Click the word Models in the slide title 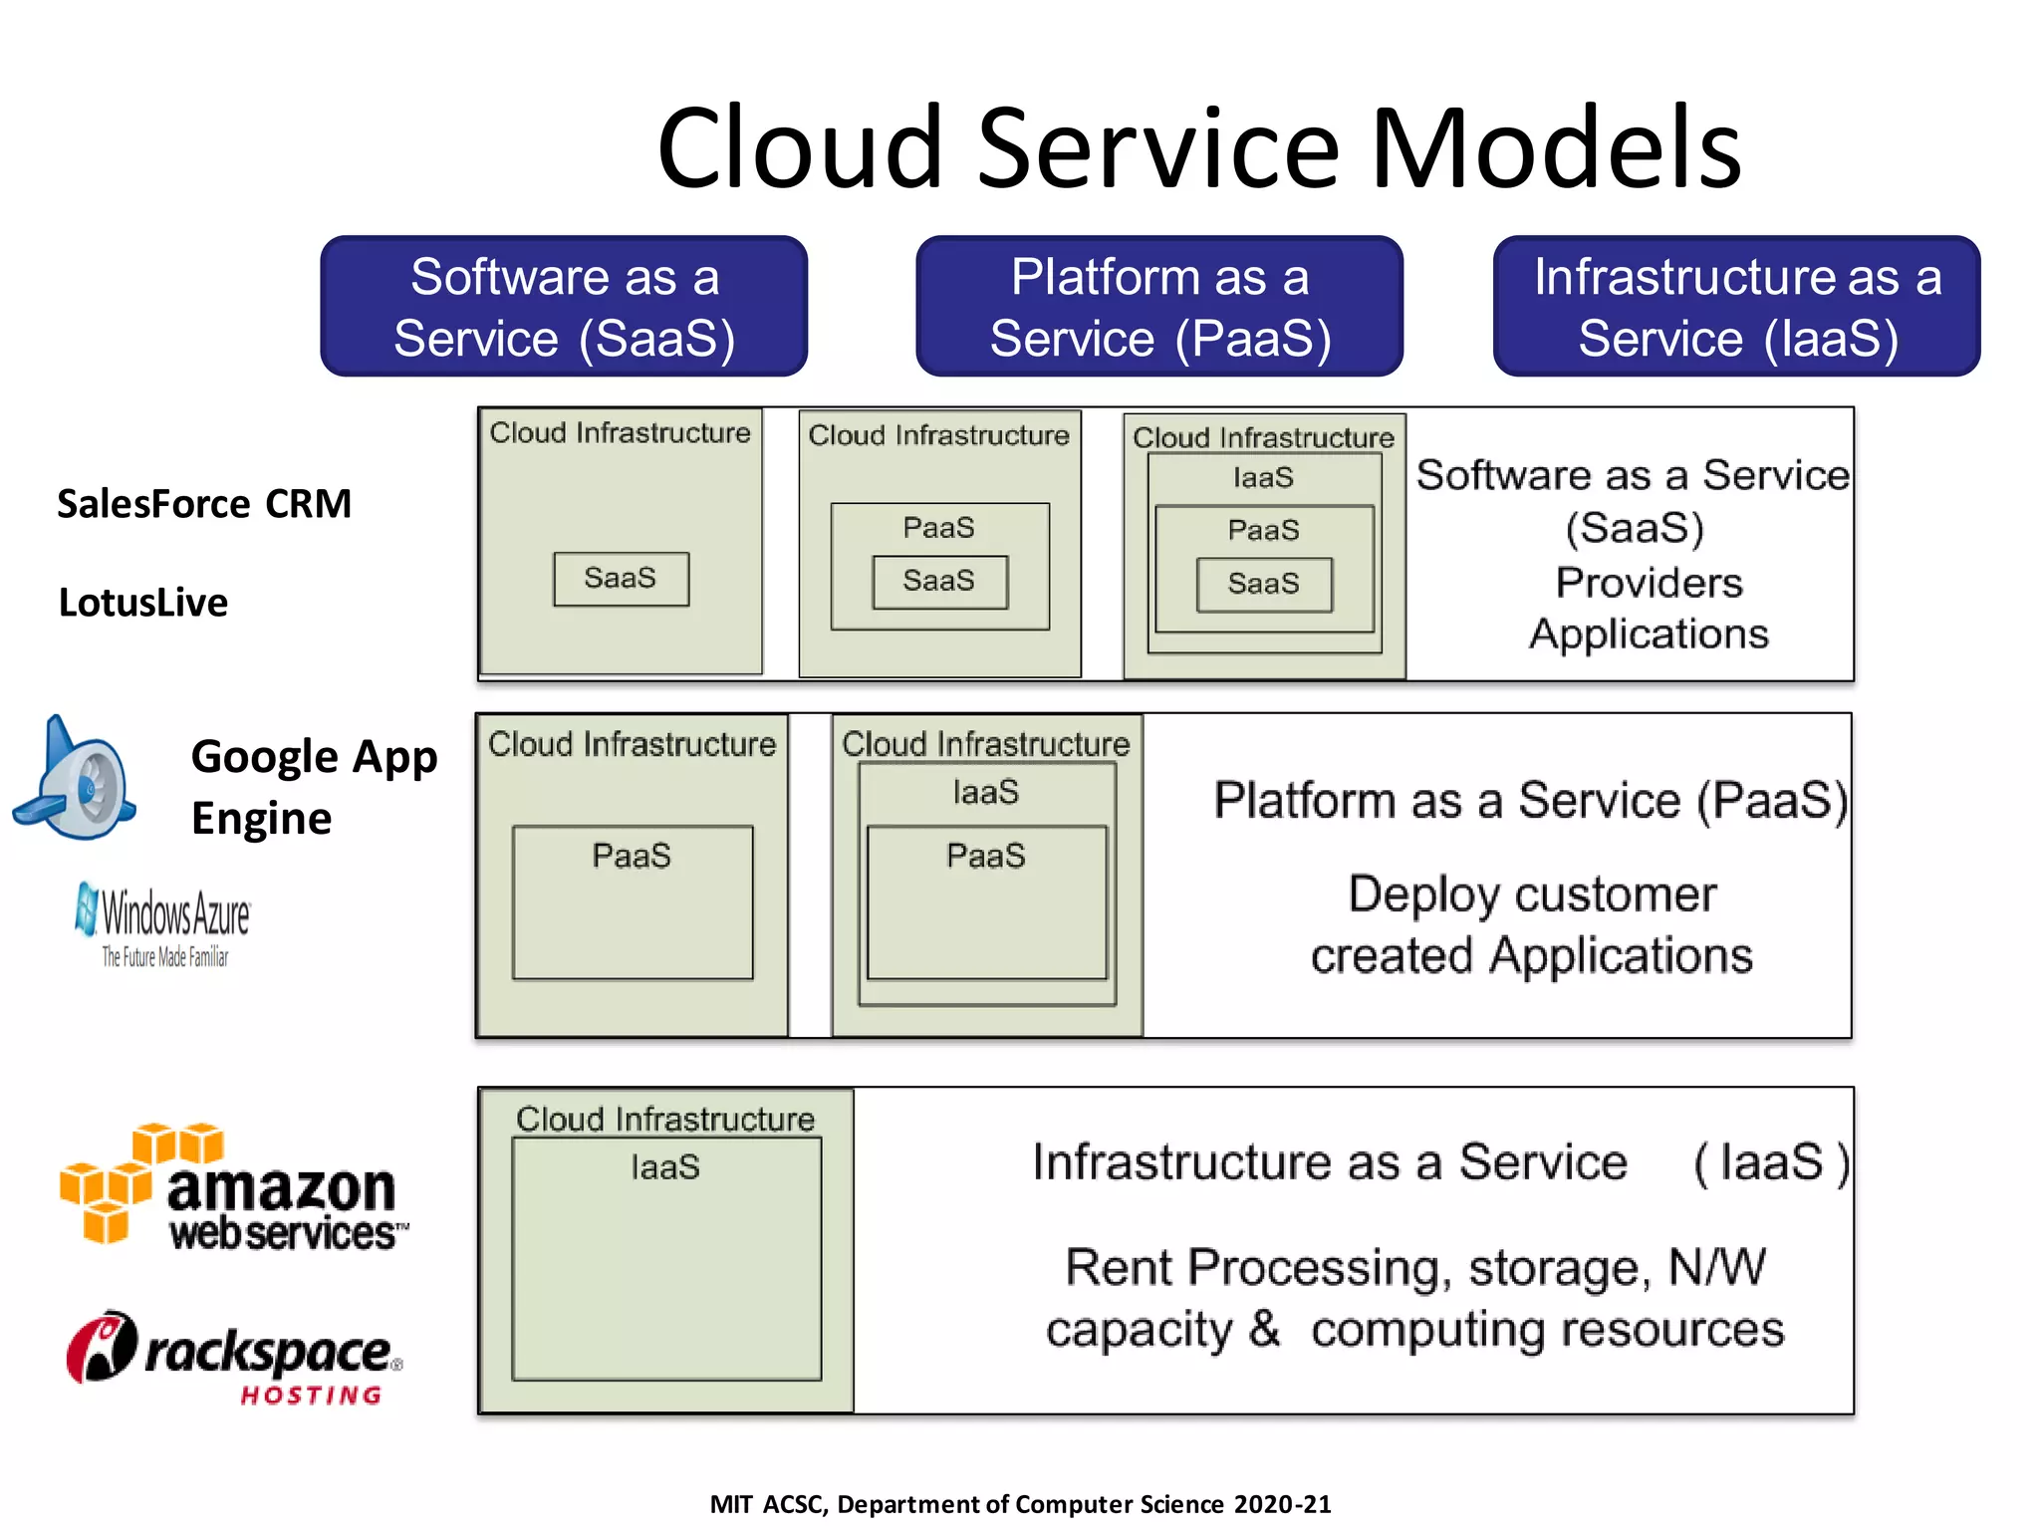(1556, 149)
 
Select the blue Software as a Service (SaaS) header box (564, 307)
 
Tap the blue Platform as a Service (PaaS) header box (1159, 307)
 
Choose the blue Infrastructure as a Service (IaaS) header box (1736, 307)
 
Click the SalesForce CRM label (204, 504)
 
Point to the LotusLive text (143, 603)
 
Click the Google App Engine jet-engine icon (76, 781)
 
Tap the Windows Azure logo (164, 922)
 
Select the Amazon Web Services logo (234, 1188)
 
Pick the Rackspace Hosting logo (234, 1357)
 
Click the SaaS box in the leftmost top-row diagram (621, 579)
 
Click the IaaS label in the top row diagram (1263, 478)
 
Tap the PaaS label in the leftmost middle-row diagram (632, 856)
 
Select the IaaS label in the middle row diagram (986, 793)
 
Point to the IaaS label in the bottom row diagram (665, 1167)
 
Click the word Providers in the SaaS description (1650, 583)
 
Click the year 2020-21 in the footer (1282, 1504)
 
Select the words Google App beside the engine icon (314, 757)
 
